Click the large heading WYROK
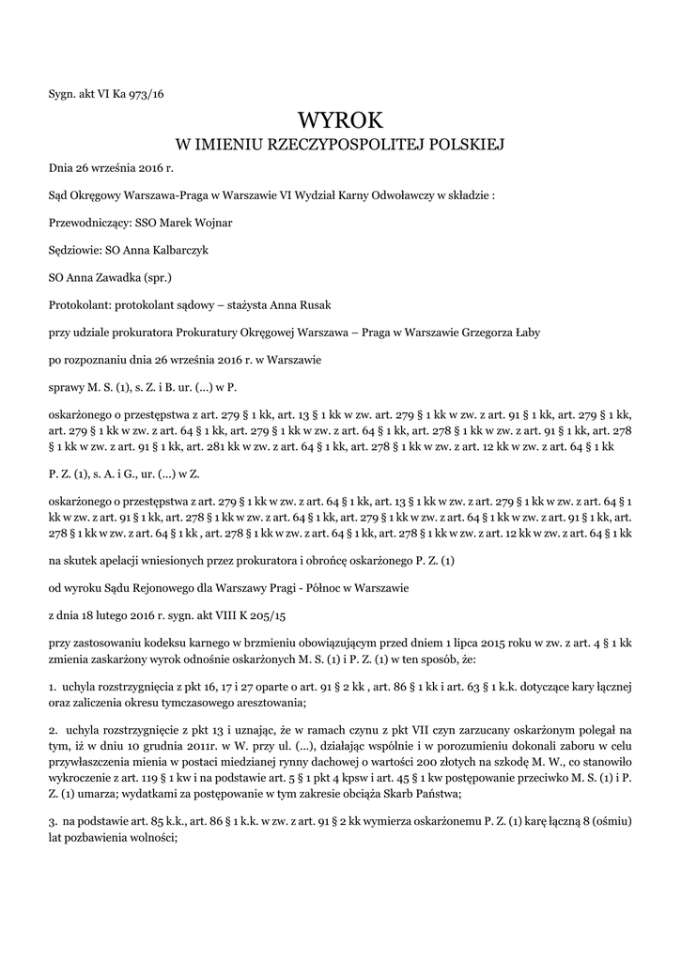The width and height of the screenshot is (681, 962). coord(340,119)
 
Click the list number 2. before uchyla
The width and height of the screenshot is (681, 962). coord(53,730)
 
